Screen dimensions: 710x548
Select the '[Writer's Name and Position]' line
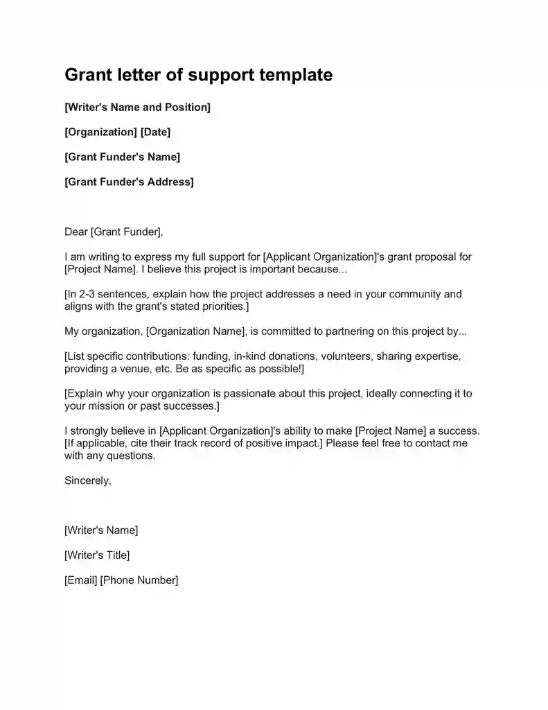(137, 107)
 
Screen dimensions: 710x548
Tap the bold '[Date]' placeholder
(155, 132)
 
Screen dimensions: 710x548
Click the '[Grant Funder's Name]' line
(122, 157)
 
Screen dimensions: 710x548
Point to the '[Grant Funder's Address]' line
(129, 182)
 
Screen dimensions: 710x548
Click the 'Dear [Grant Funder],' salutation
(114, 232)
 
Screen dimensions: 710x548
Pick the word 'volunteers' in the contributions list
(343, 356)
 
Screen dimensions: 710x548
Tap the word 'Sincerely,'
(87, 480)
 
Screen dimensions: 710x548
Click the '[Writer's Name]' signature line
(101, 530)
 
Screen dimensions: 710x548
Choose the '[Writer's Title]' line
(97, 555)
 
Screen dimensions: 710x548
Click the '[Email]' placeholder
(80, 580)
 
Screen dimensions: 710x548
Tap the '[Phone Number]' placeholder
(139, 580)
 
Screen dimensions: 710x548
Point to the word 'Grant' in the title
(89, 75)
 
